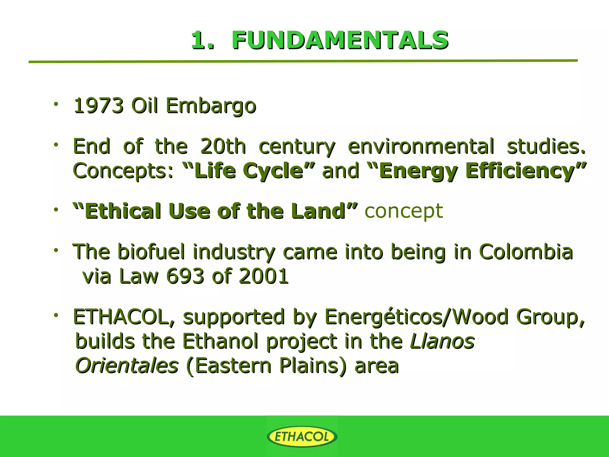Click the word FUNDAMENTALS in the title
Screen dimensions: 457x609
click(x=340, y=40)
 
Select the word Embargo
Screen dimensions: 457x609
click(x=211, y=106)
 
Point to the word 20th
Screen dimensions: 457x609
click(x=223, y=146)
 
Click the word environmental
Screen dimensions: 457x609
click(x=421, y=146)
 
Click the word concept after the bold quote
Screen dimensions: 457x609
click(x=404, y=211)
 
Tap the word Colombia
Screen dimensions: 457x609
click(x=526, y=252)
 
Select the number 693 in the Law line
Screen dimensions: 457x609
click(x=185, y=276)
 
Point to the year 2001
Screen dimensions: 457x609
click(x=263, y=276)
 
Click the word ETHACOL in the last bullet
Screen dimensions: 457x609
click(x=121, y=317)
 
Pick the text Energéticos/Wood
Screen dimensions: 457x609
click(x=416, y=317)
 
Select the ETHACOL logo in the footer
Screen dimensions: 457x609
click(x=302, y=437)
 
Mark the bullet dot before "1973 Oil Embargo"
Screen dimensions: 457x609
click(x=56, y=104)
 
